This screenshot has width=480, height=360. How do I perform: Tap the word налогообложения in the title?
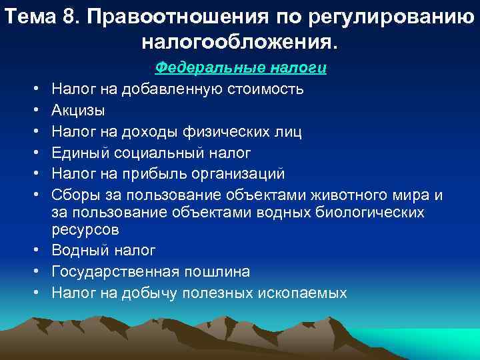click(239, 43)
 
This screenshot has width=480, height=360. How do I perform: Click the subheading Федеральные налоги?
click(240, 68)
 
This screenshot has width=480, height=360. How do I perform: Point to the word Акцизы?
click(78, 110)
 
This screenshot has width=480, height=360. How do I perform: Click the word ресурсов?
click(85, 230)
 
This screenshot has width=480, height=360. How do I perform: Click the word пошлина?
click(219, 273)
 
